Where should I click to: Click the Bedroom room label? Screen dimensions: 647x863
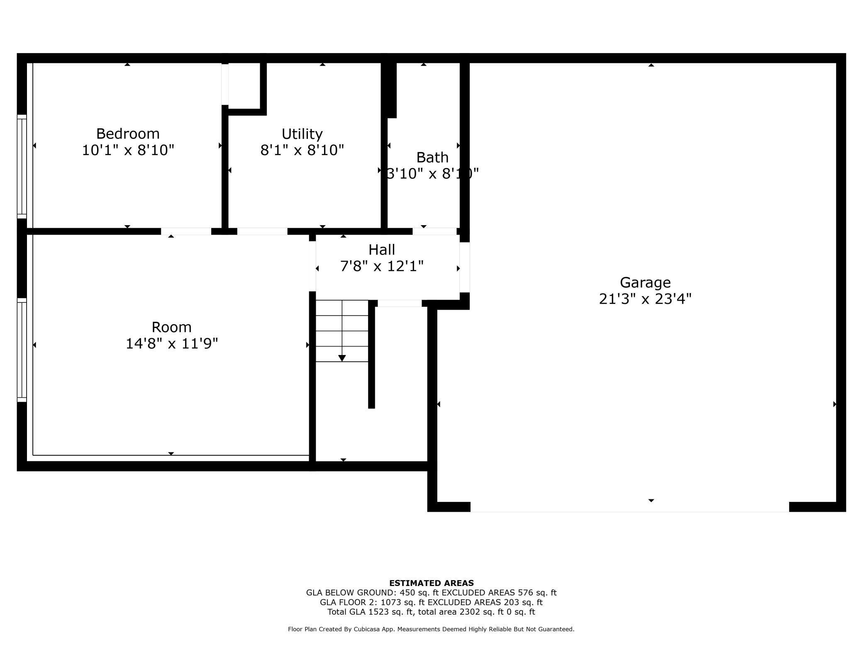point(128,134)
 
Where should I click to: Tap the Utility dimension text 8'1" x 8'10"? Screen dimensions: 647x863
point(302,150)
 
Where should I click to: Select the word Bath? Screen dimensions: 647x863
point(432,158)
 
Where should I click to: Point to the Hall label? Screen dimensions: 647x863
point(382,250)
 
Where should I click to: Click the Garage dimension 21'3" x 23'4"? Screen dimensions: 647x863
point(645,299)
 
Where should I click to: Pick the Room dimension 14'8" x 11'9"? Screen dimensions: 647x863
point(171,344)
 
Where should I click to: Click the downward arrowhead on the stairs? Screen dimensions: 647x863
point(342,358)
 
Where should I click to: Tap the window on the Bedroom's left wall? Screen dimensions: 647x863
point(22,166)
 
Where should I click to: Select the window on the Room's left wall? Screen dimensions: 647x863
point(22,350)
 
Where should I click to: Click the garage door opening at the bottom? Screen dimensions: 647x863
point(629,507)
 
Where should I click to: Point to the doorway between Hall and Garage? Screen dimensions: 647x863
point(464,267)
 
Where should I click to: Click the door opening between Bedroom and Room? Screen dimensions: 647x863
point(186,231)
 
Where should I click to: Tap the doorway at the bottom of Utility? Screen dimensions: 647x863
point(262,231)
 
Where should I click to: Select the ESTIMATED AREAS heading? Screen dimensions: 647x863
point(431,583)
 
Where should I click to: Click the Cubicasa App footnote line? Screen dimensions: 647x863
point(431,629)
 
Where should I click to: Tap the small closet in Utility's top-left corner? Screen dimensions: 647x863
point(244,85)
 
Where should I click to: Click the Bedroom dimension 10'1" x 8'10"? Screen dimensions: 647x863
point(128,150)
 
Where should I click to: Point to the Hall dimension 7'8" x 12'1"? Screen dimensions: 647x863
point(382,266)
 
